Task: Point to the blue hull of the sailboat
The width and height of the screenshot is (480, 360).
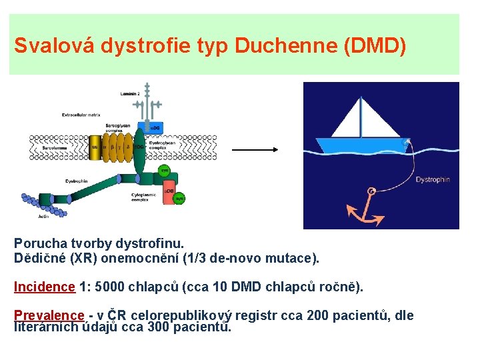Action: [x=361, y=145]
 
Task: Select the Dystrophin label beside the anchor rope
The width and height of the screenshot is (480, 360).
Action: [x=433, y=179]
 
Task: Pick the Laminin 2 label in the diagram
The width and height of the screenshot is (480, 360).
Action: [x=130, y=94]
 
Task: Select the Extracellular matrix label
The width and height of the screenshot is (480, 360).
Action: [x=81, y=115]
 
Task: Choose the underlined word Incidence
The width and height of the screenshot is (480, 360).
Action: [x=45, y=287]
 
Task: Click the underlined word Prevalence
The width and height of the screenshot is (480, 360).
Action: [x=49, y=315]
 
